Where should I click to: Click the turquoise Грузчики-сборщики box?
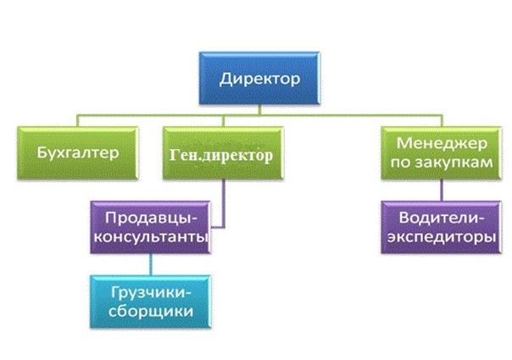[150, 300]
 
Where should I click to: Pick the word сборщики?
[150, 311]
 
